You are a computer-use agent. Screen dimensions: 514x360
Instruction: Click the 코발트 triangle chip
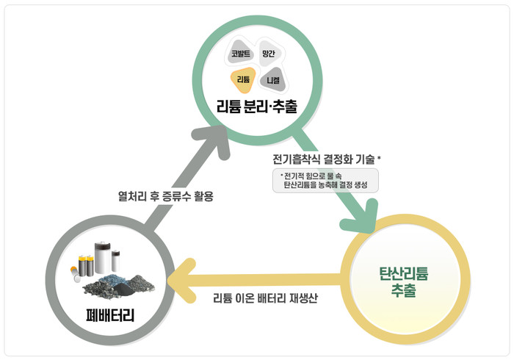240,52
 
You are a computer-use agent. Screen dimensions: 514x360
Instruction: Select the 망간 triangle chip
269,53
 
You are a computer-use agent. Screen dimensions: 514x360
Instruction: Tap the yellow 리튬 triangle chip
243,79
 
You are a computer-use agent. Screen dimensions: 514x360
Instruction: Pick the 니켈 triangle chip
272,79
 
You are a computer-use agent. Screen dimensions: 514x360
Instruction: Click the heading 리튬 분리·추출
257,107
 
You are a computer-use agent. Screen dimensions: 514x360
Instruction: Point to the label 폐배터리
110,315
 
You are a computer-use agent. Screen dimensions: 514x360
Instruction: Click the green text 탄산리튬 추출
404,282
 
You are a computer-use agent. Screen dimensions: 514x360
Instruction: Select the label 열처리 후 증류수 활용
165,196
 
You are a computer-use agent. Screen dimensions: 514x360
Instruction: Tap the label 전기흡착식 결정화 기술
324,159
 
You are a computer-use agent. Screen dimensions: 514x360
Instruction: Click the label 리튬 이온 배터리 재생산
265,298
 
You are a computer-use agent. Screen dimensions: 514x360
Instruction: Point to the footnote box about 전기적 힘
325,180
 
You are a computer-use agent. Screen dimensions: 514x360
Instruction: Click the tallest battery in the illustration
102,258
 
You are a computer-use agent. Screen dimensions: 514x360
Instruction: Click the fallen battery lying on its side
75,274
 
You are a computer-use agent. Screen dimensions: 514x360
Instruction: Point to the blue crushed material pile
113,279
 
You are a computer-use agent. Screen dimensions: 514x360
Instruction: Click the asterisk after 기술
379,158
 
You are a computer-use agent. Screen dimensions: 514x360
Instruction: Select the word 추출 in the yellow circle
404,290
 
